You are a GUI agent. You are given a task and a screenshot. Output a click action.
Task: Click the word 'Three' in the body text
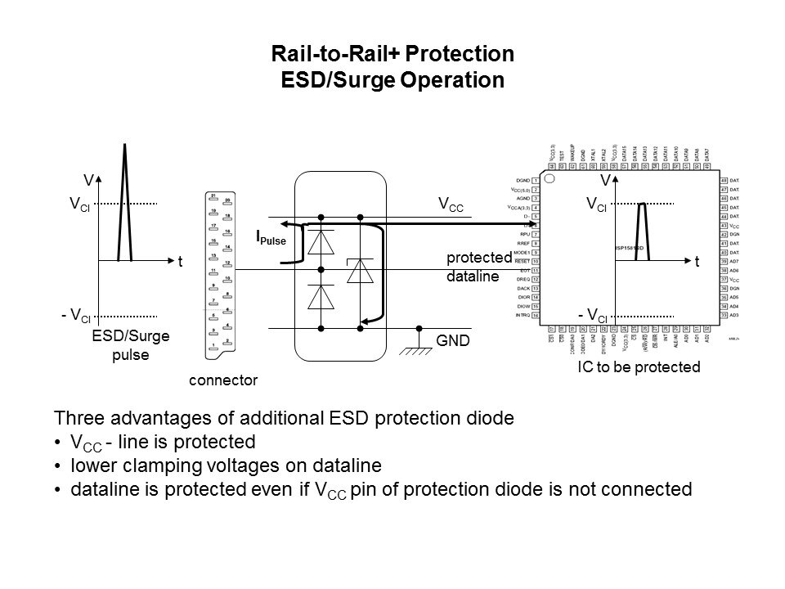(75, 418)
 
